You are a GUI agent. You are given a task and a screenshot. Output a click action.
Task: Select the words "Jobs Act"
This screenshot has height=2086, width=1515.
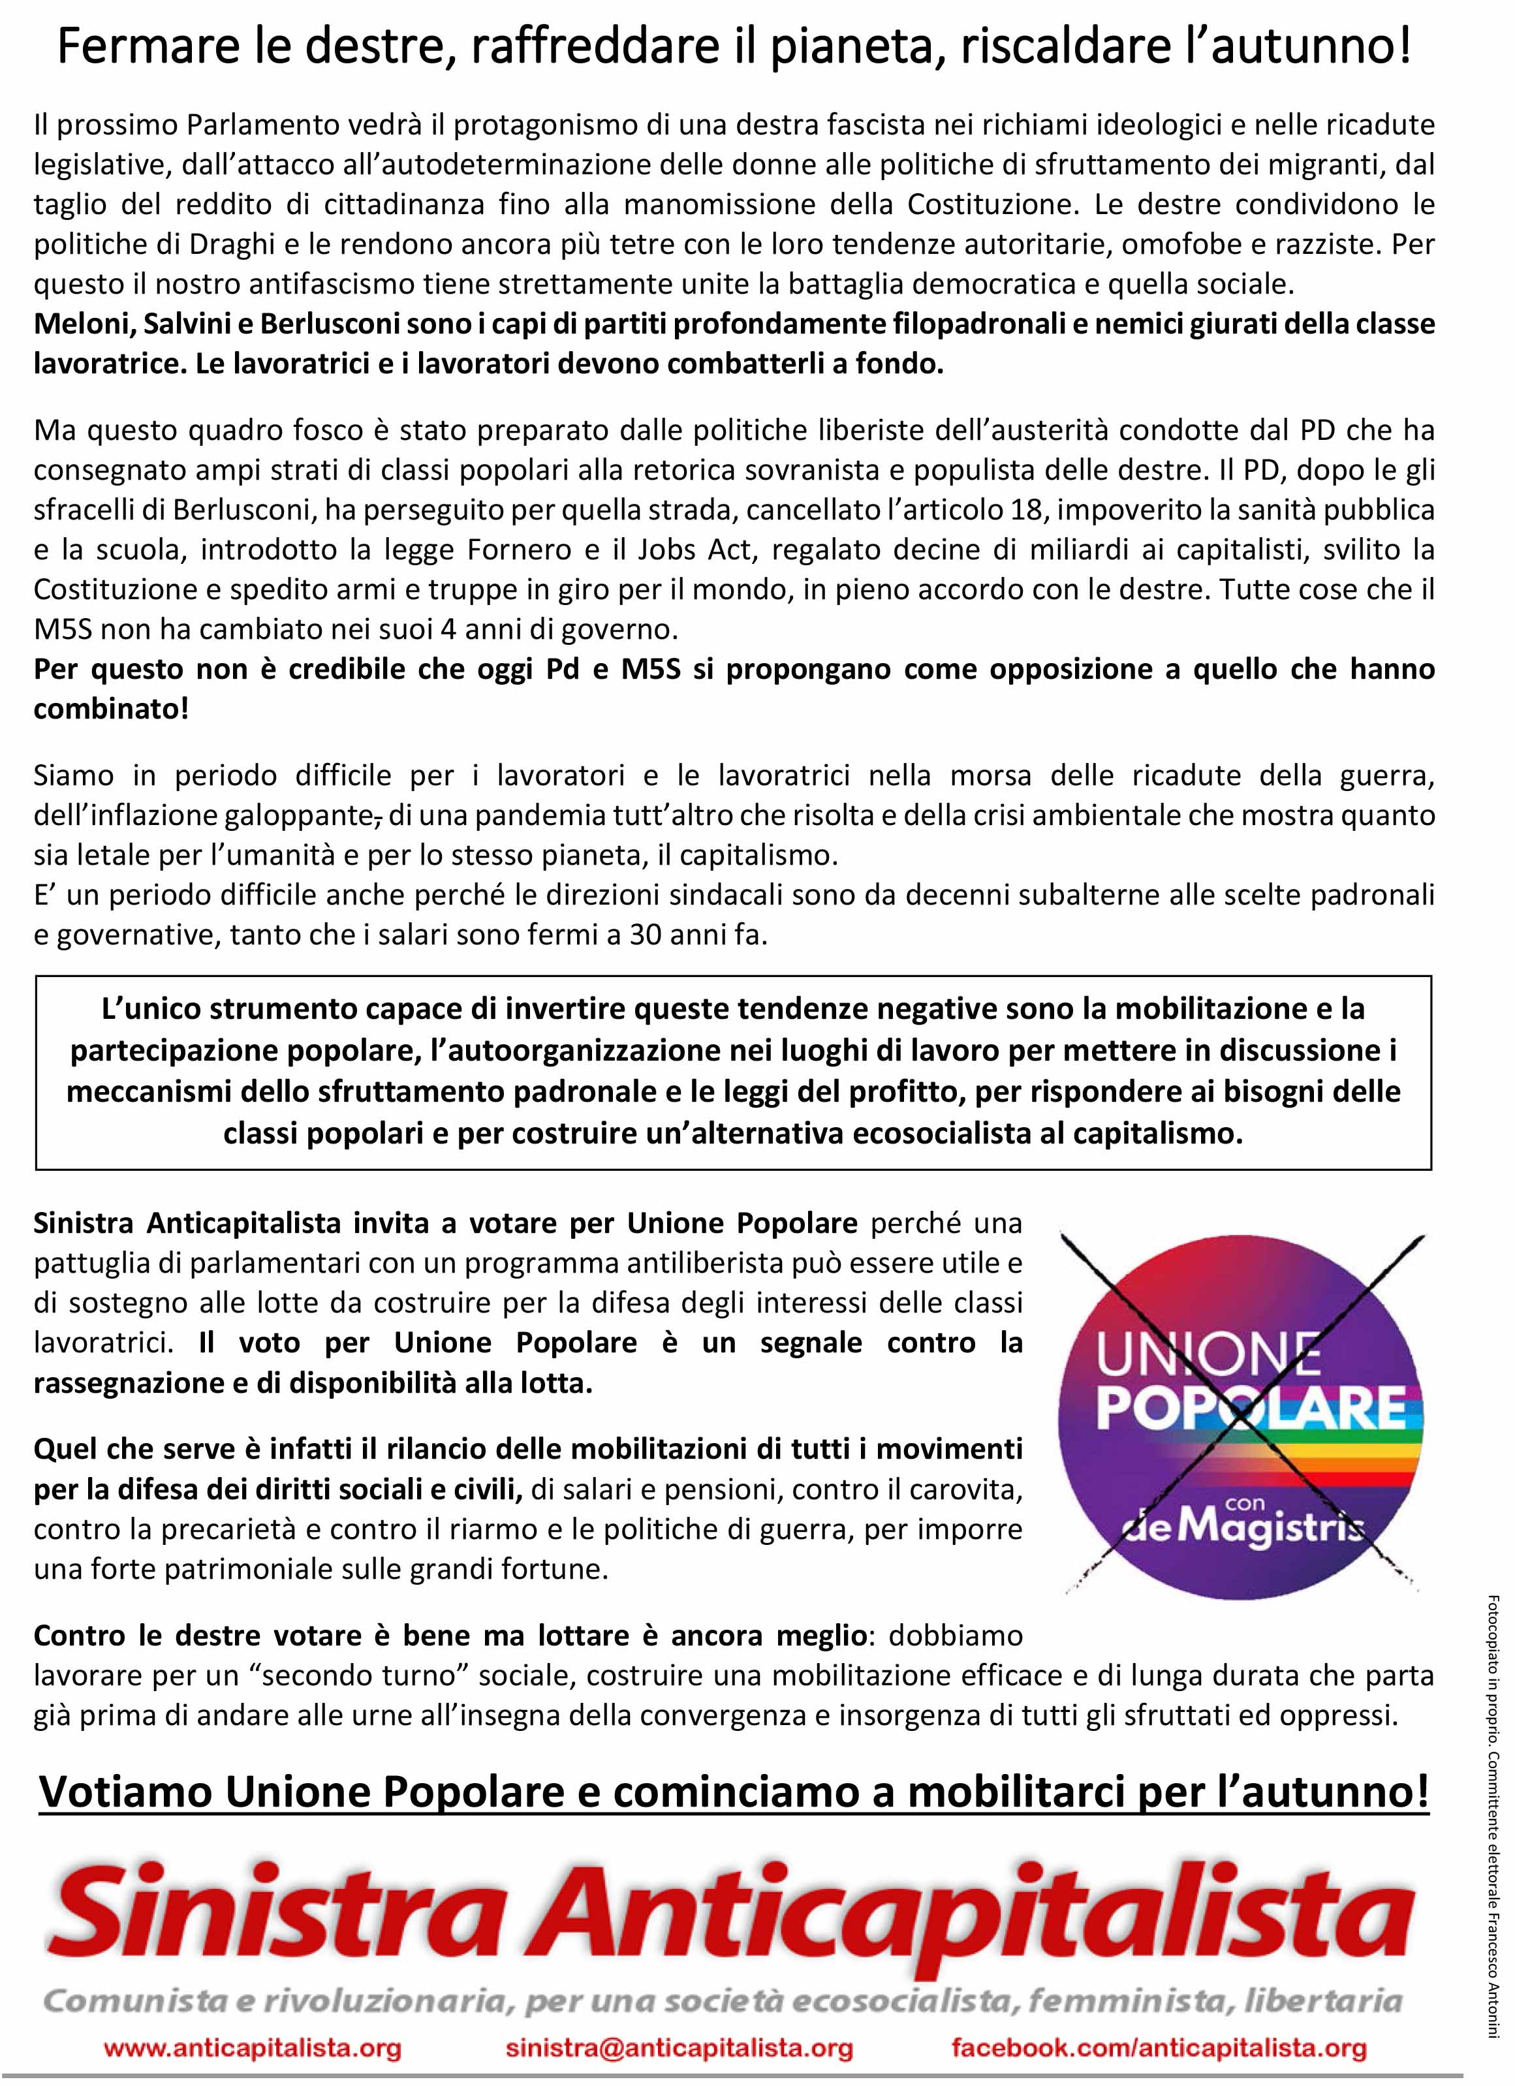pos(690,550)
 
